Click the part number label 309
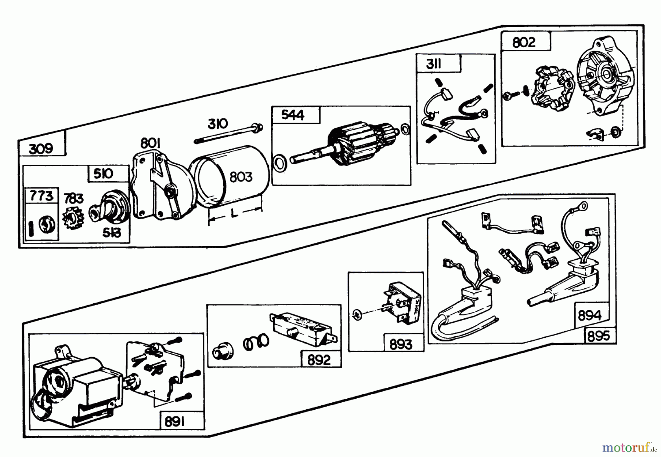tap(41, 149)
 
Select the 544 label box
tap(293, 115)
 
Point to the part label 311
tap(434, 64)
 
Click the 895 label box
tap(599, 336)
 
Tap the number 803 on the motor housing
tap(241, 177)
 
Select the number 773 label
tap(41, 196)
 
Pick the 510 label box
tap(103, 173)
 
